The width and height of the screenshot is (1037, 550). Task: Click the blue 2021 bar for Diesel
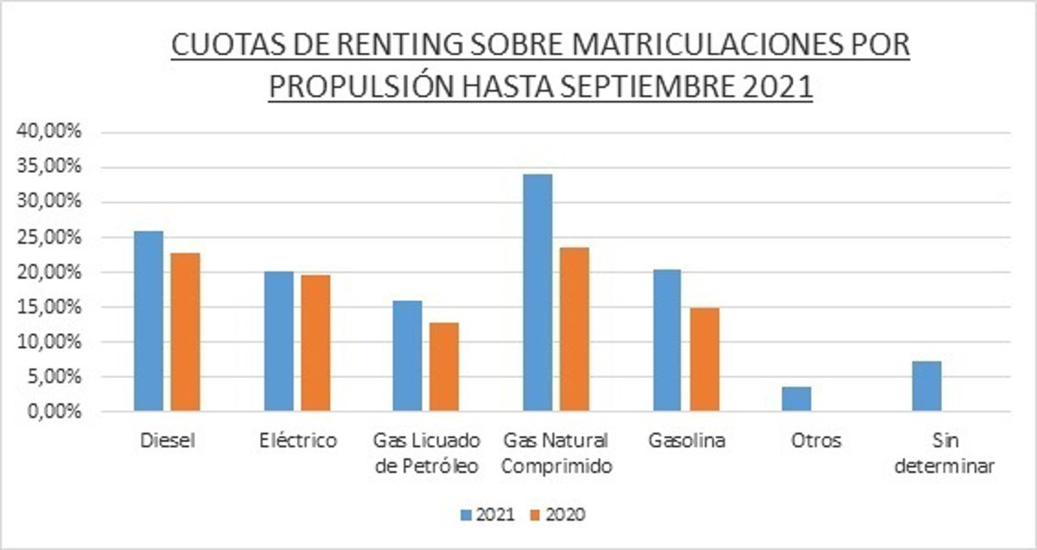pyautogui.click(x=149, y=321)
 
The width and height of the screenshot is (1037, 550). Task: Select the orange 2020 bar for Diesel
pyautogui.click(x=185, y=332)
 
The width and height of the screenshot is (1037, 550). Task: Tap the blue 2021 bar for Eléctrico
pyautogui.click(x=278, y=341)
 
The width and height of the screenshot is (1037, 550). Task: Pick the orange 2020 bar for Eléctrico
pyautogui.click(x=315, y=343)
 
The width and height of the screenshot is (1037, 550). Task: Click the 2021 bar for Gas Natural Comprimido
pyautogui.click(x=538, y=293)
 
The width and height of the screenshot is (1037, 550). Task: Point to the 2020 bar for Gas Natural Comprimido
pyautogui.click(x=574, y=329)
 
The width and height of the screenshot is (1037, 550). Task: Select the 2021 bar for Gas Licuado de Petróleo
pyautogui.click(x=408, y=356)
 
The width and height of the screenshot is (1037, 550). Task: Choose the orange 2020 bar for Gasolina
pyautogui.click(x=704, y=359)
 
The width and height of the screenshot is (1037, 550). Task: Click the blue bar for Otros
pyautogui.click(x=797, y=399)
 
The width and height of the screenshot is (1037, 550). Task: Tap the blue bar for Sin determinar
pyautogui.click(x=926, y=386)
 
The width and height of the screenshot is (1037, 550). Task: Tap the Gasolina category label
pyautogui.click(x=687, y=440)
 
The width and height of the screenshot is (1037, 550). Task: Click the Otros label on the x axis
pyautogui.click(x=816, y=440)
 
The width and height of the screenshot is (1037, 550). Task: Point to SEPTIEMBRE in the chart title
pyautogui.click(x=636, y=86)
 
